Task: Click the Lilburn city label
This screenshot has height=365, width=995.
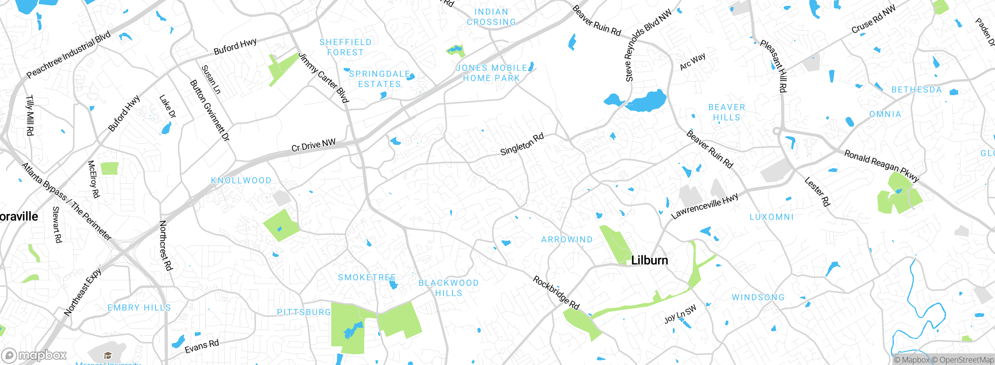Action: (x=649, y=260)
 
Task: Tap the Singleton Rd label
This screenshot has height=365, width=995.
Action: (x=522, y=144)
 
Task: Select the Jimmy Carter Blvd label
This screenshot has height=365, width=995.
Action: (x=323, y=78)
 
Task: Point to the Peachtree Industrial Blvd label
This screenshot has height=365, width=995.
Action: (x=68, y=54)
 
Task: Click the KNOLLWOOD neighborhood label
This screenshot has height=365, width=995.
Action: (x=241, y=181)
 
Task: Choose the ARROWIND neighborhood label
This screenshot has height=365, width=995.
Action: (x=567, y=240)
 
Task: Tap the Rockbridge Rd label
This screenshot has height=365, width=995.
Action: (x=556, y=293)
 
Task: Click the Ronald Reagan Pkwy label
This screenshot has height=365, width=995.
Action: (x=881, y=166)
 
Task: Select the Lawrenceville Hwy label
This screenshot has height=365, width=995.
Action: (x=704, y=206)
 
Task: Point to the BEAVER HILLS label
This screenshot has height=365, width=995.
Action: (x=726, y=112)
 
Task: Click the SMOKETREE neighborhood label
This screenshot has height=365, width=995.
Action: (x=367, y=277)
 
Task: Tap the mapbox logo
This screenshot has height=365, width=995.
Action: (x=34, y=355)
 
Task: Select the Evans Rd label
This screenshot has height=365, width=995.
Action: (x=202, y=346)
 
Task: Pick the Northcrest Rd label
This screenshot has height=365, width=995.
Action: (x=166, y=245)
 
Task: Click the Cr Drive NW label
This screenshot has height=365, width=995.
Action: (x=313, y=145)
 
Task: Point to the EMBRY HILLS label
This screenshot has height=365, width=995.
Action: (x=139, y=308)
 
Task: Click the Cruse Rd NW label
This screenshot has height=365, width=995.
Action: (x=873, y=19)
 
